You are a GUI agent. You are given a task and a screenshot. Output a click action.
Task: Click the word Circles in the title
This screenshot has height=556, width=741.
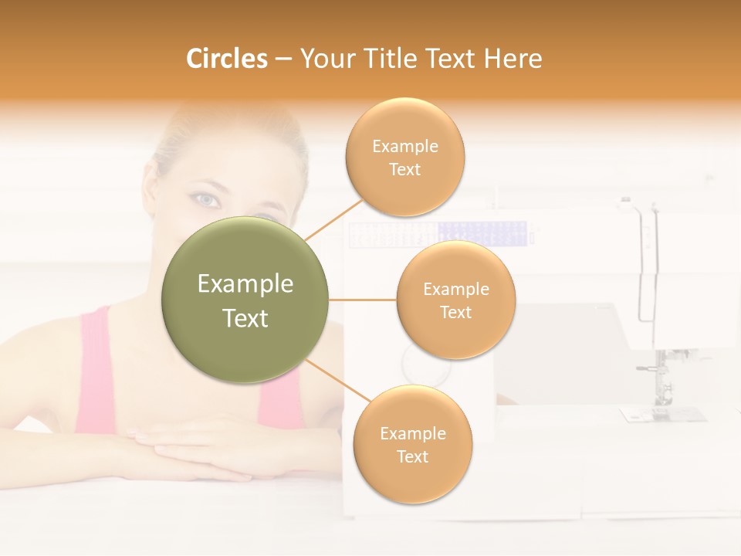click(226, 59)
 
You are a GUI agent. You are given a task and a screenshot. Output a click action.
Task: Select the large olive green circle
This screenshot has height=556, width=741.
click(245, 300)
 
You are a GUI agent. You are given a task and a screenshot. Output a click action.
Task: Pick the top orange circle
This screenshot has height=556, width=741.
click(405, 157)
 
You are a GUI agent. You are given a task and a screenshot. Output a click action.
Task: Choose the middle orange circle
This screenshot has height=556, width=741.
click(456, 300)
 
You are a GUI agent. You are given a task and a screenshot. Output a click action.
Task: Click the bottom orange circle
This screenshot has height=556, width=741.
click(412, 444)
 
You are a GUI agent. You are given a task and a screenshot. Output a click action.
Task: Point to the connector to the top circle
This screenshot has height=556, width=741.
click(333, 219)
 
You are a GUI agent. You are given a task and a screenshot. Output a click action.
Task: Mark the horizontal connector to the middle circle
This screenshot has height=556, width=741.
click(363, 300)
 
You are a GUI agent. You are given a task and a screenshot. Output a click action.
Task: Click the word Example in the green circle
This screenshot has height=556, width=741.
click(245, 284)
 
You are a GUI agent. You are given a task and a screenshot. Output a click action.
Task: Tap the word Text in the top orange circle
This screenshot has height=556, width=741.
click(405, 169)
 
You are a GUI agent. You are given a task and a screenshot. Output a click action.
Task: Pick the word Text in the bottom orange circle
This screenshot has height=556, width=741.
click(412, 456)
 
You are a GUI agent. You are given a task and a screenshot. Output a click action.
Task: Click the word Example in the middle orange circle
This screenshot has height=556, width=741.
click(456, 289)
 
